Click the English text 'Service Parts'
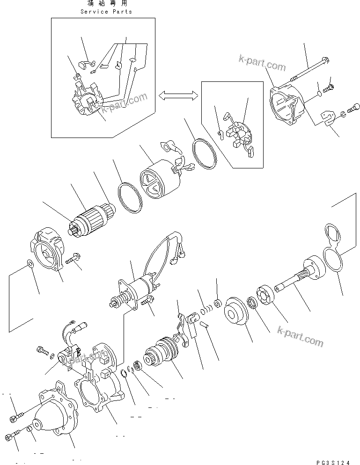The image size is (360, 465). coord(106,12)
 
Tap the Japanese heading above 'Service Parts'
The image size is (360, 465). coord(106,4)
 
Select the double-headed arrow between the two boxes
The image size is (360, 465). coord(176,95)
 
